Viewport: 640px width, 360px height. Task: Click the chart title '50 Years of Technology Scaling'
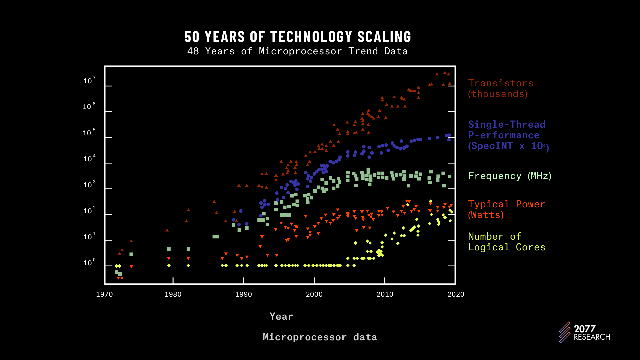coord(298,37)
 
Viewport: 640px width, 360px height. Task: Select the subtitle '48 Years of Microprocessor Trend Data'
coord(297,51)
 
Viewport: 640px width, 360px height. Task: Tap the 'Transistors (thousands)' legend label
coord(500,88)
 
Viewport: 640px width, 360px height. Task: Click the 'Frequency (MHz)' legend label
coord(510,176)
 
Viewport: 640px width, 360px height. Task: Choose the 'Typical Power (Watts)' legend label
coord(506,209)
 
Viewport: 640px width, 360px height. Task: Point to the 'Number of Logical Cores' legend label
coord(506,242)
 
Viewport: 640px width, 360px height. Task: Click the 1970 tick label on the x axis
coord(104,294)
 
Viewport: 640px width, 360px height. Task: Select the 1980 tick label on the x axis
coord(173,294)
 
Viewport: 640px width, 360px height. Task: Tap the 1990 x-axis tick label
coord(244,294)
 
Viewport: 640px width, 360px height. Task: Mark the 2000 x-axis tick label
coord(314,294)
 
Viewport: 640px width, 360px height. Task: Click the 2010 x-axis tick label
coord(385,294)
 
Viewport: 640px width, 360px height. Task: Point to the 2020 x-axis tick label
coord(456,294)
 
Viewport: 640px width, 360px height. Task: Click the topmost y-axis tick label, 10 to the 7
coord(89,81)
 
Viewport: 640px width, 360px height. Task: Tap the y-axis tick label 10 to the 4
coord(89,159)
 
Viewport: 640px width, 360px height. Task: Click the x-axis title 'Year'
coord(281,316)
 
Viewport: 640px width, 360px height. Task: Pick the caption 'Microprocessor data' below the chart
coord(320,337)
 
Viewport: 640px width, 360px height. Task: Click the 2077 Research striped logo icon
coord(565,332)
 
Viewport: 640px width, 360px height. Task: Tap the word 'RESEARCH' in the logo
coord(592,337)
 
